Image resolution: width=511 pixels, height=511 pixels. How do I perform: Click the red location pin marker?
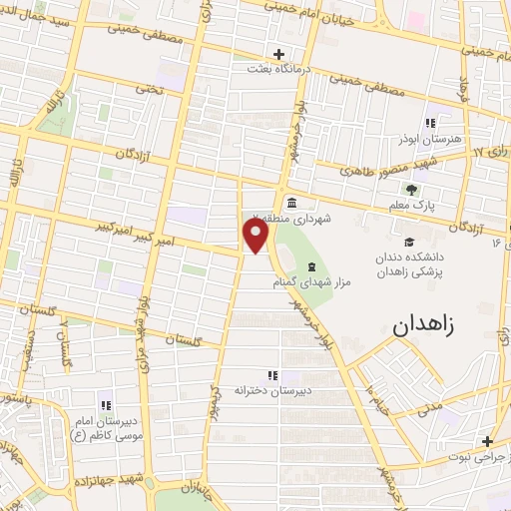256,236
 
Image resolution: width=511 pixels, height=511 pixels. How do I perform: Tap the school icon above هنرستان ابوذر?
430,124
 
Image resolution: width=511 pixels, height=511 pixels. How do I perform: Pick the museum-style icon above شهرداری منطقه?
290,201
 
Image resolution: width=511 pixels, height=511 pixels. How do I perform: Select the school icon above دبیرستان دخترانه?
272,374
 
